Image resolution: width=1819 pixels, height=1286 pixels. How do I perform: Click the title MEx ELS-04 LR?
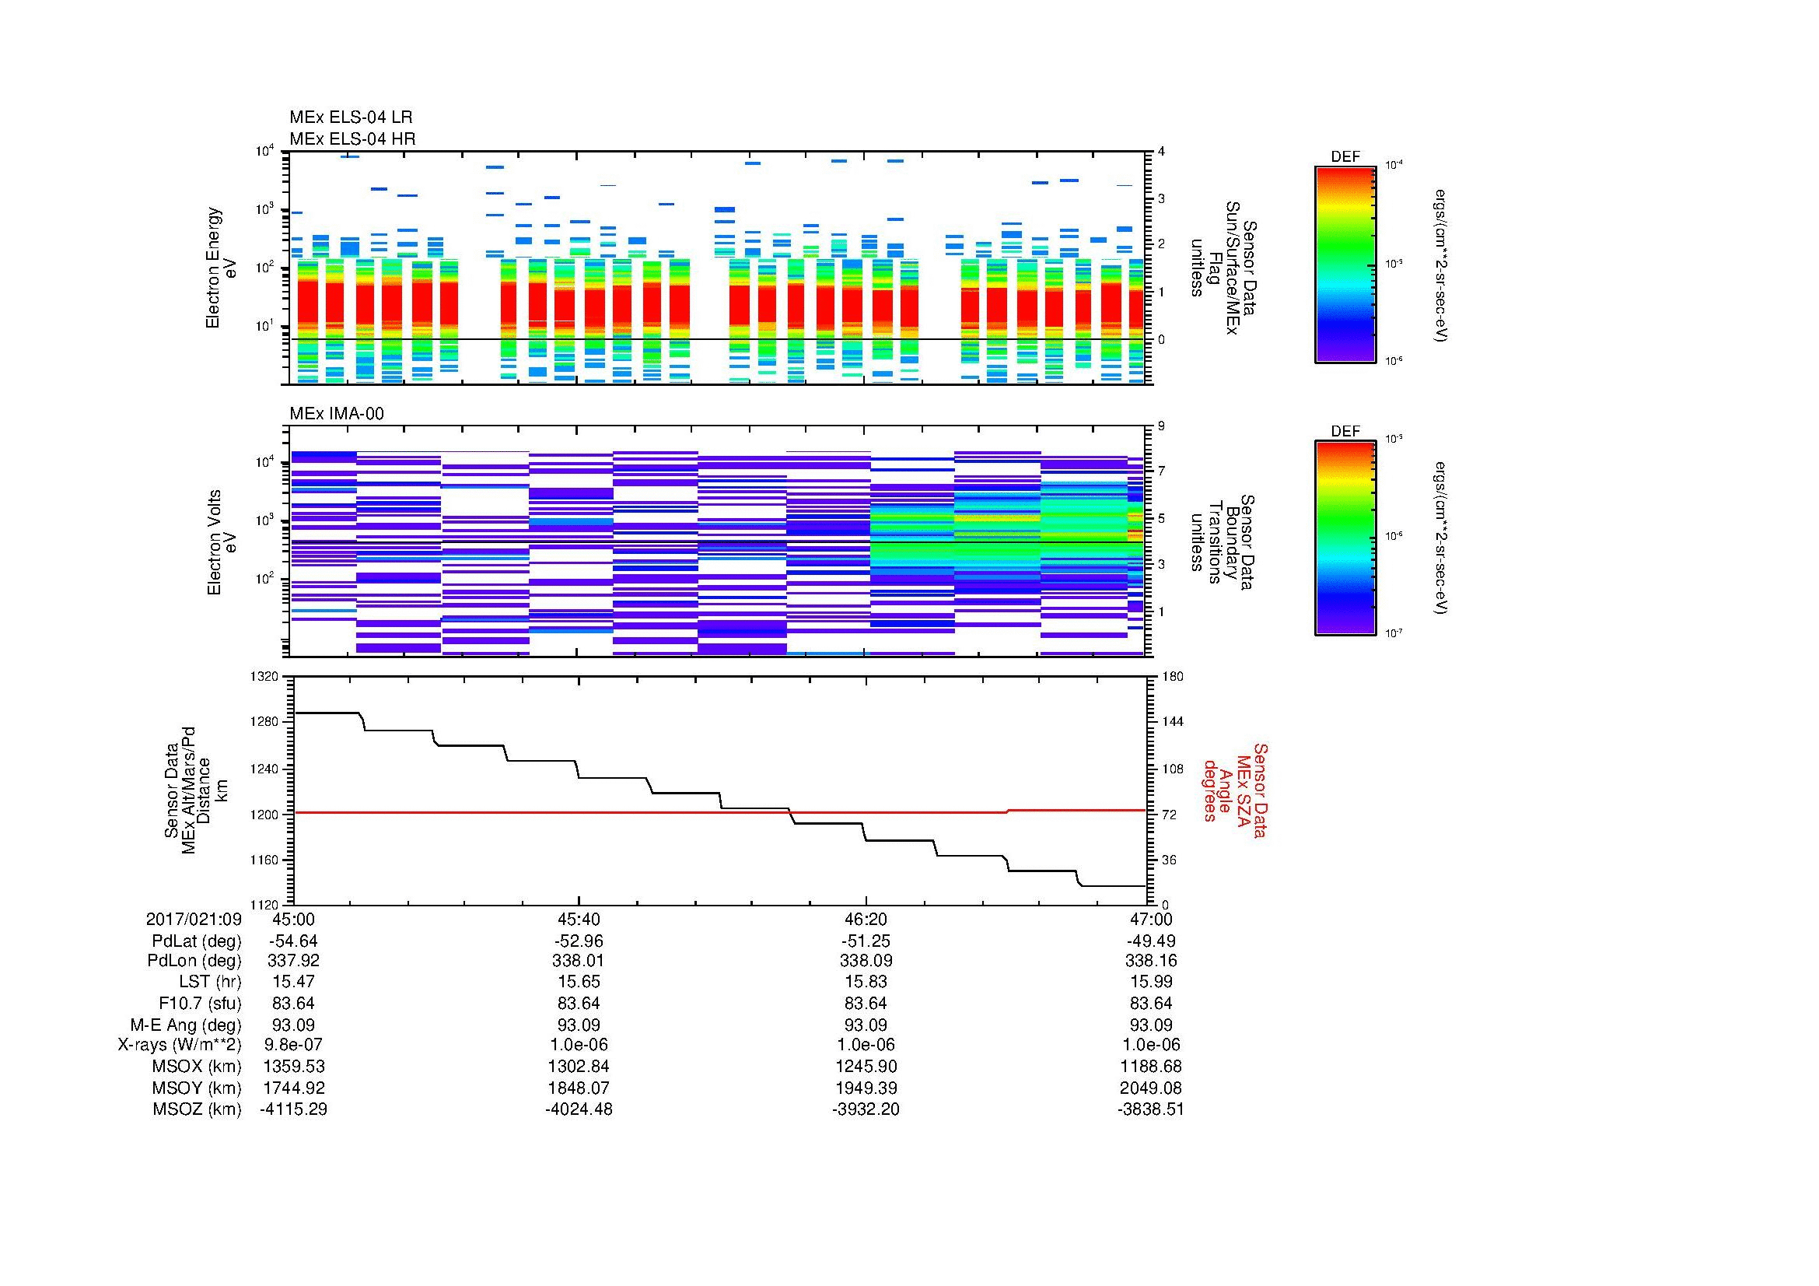[351, 117]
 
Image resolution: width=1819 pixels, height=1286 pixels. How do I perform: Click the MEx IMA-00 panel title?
[337, 414]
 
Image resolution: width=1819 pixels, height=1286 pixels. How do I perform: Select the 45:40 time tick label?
[579, 919]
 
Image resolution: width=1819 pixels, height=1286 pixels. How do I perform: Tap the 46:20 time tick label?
[866, 919]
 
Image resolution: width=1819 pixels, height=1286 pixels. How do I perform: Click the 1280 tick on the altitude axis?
[263, 722]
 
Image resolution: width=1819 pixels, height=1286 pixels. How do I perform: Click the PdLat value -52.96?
[579, 941]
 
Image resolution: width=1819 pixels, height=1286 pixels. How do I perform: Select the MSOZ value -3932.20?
[866, 1109]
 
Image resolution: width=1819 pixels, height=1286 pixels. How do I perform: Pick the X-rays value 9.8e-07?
[293, 1045]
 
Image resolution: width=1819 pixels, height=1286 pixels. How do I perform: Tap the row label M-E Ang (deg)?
[185, 1025]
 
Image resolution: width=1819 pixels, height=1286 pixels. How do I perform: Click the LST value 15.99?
[1151, 982]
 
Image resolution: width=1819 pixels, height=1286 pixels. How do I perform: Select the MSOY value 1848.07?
[579, 1088]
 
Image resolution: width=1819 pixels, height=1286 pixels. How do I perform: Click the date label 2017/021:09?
[194, 919]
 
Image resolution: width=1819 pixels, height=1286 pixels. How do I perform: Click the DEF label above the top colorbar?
[1345, 157]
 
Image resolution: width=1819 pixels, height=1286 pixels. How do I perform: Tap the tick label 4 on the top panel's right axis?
[1160, 152]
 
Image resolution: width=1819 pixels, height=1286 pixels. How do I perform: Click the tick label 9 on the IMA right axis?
[1160, 426]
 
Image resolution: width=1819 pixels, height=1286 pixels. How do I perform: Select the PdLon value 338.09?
[866, 960]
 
